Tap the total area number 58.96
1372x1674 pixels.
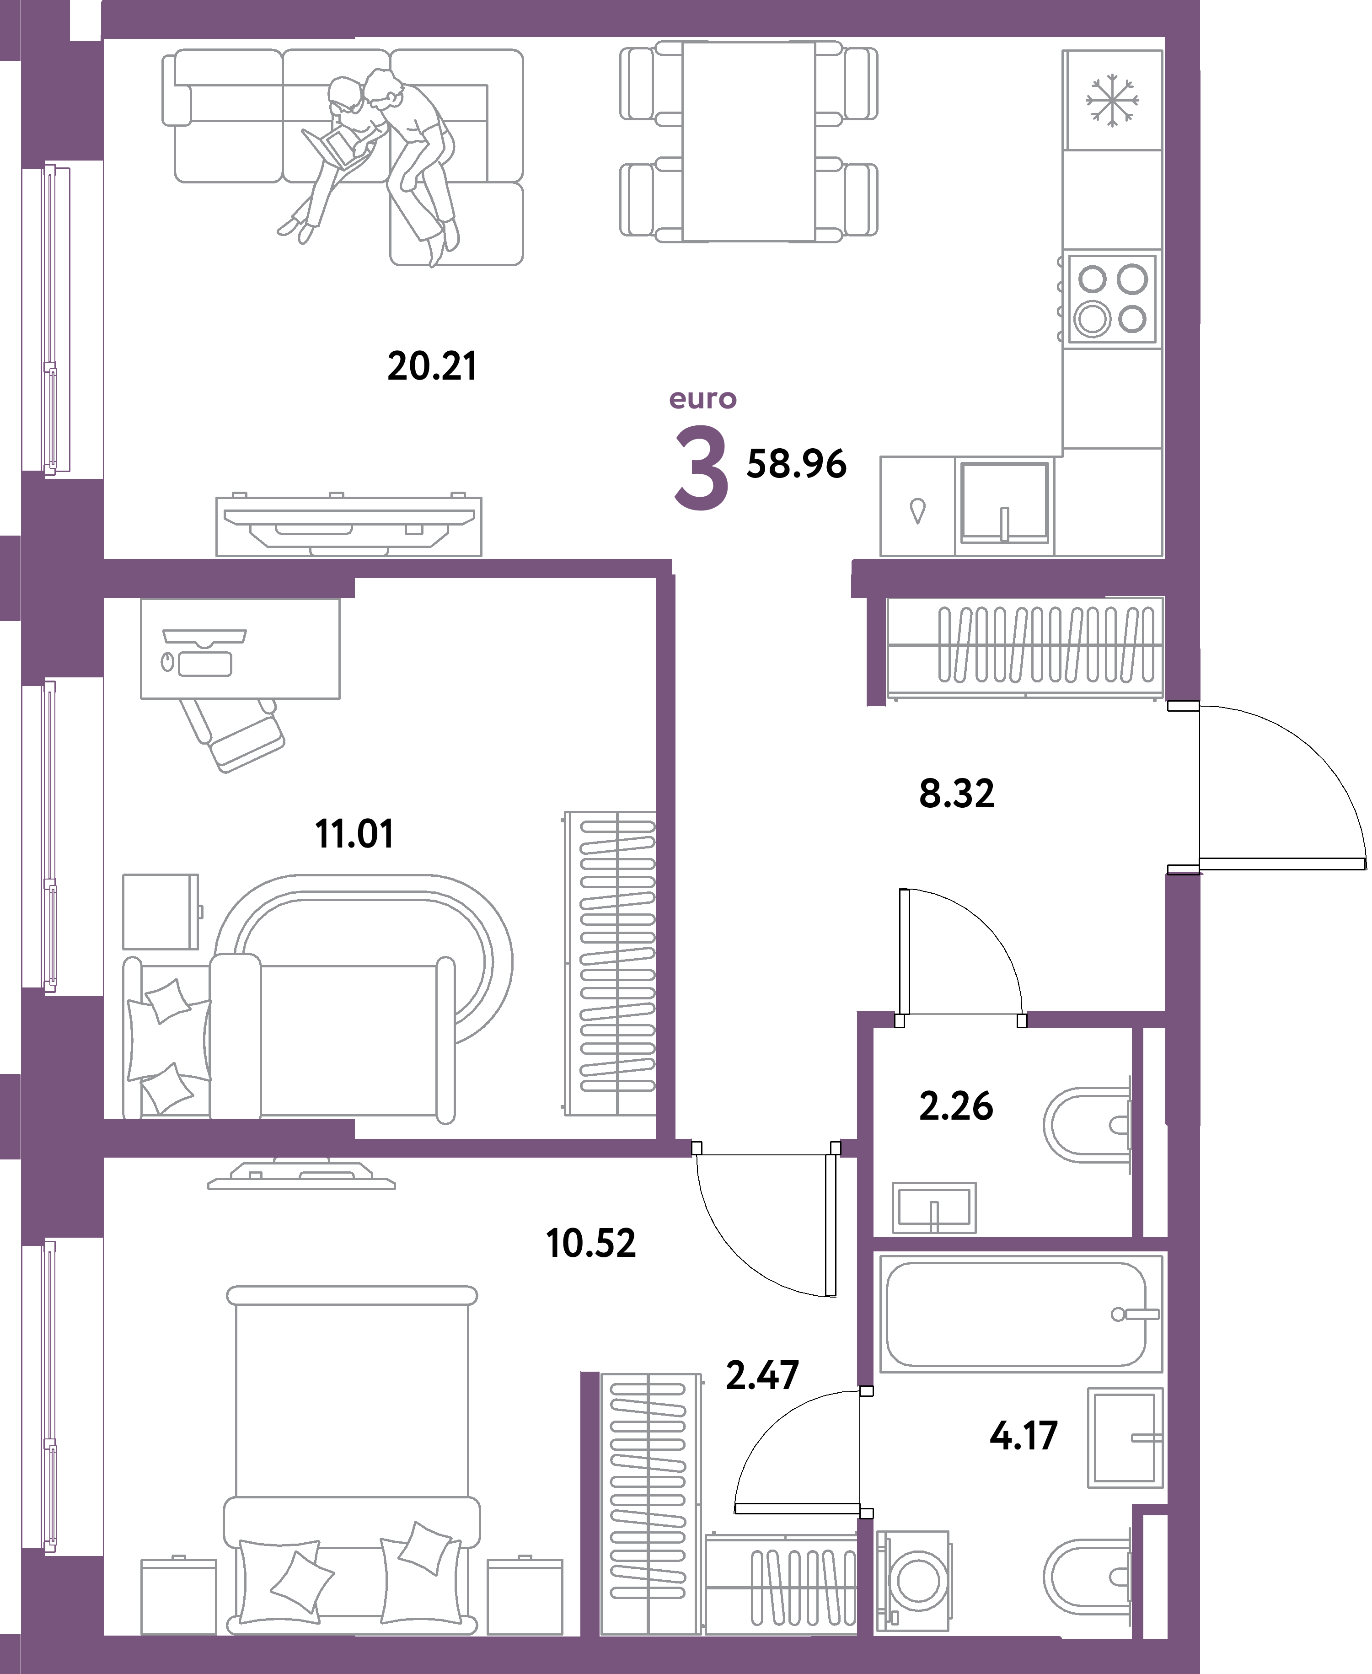[796, 464]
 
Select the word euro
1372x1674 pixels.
[702, 399]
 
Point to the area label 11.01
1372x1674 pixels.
[354, 834]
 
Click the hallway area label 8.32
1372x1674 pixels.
[956, 794]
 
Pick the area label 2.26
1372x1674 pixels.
[955, 1106]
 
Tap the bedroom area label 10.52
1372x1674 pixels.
[590, 1243]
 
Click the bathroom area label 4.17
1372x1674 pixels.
[1024, 1435]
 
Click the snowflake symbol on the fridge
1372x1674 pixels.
[1112, 100]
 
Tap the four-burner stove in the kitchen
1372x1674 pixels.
[1112, 299]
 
